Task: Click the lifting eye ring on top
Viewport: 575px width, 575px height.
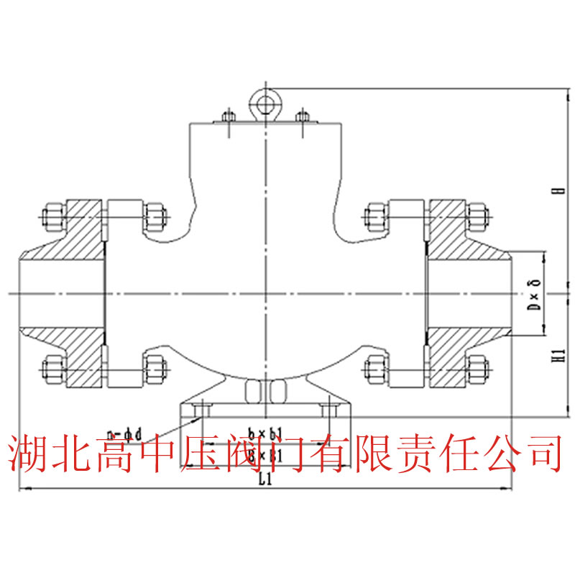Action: [x=264, y=103]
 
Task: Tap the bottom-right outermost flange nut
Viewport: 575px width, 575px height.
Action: [x=477, y=369]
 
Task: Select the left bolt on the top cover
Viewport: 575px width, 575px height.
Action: [x=228, y=119]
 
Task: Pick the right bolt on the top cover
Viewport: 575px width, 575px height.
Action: [x=302, y=119]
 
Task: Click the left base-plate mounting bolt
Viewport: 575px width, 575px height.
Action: [x=201, y=410]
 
